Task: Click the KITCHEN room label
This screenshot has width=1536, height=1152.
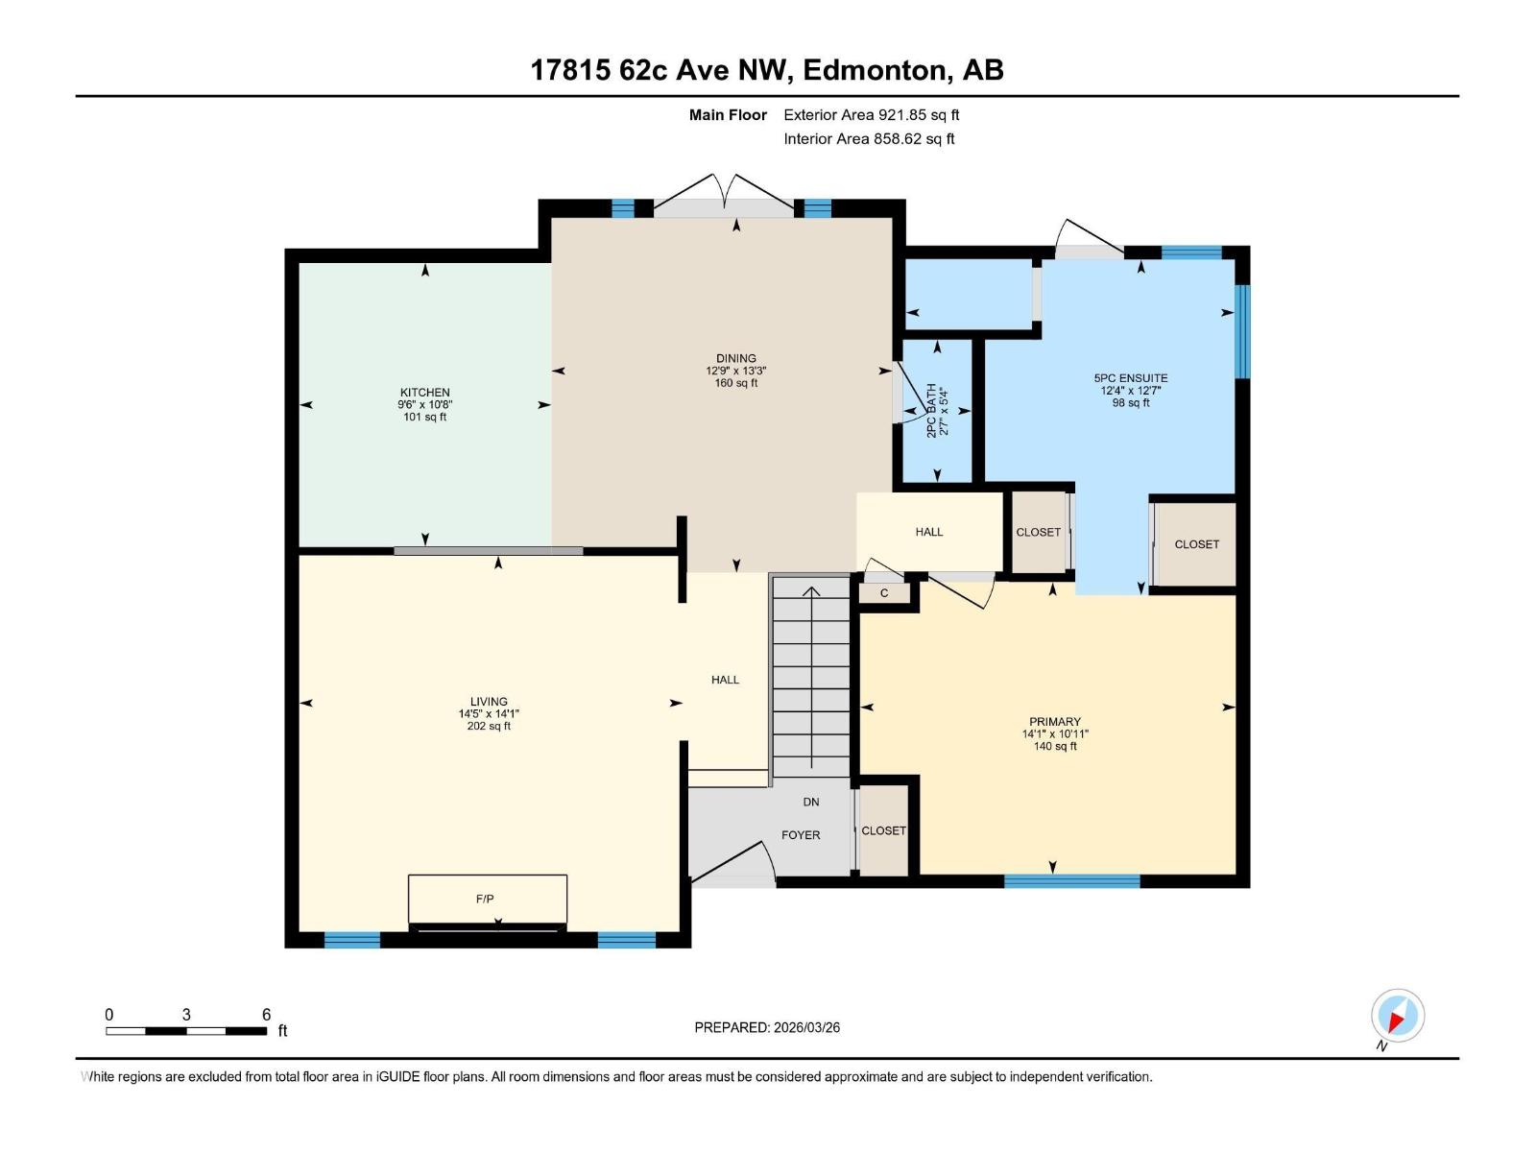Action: [x=424, y=392]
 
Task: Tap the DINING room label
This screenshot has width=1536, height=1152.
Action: [x=735, y=358]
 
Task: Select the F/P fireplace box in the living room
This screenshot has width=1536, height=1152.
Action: [x=487, y=899]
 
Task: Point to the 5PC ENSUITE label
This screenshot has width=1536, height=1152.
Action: [x=1131, y=378]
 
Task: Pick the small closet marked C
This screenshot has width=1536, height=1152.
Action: [x=884, y=593]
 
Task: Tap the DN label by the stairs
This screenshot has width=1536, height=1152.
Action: [x=811, y=802]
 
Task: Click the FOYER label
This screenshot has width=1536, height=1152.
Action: [x=801, y=835]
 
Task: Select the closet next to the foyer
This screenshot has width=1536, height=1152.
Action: [x=883, y=830]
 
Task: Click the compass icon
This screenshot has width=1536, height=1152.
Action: [x=1397, y=1016]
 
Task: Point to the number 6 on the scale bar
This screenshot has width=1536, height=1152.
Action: [x=266, y=1015]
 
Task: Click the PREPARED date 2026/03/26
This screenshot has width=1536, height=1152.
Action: [x=805, y=1027]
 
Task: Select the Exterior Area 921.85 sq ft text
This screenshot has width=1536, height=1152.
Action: [x=871, y=115]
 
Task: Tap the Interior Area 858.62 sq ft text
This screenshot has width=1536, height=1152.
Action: [x=869, y=139]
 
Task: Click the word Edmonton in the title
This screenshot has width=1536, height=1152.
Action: [x=875, y=70]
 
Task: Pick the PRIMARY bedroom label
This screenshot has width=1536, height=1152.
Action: [x=1054, y=721]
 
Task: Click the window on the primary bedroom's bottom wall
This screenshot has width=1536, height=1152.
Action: [x=1071, y=880]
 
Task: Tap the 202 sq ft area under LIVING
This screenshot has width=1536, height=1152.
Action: [x=488, y=727]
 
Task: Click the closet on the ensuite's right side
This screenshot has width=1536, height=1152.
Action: [x=1196, y=544]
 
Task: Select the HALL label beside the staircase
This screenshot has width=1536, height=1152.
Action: [x=725, y=680]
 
